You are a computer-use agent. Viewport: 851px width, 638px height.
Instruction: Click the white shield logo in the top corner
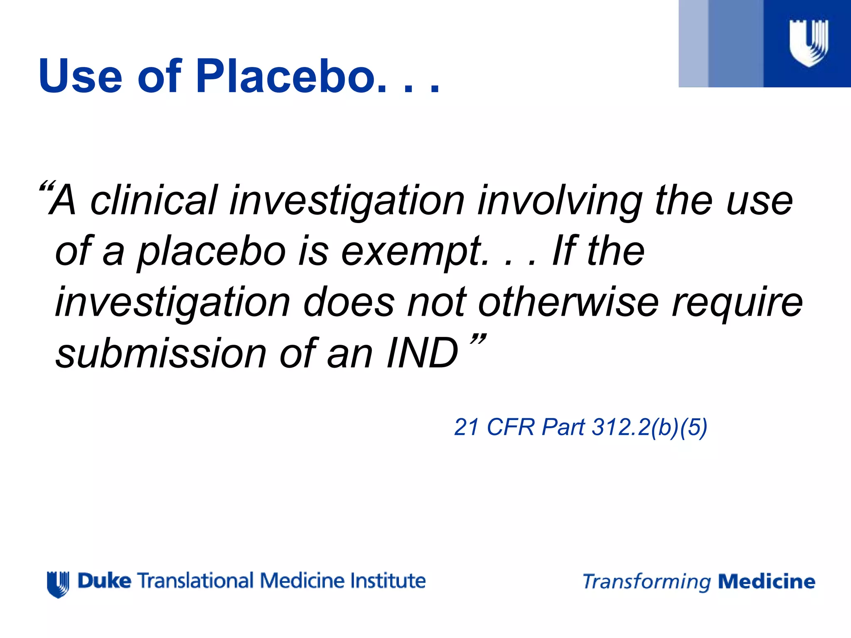[809, 43]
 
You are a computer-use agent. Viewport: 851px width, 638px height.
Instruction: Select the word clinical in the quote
[154, 200]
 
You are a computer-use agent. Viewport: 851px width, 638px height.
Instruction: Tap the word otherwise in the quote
[568, 302]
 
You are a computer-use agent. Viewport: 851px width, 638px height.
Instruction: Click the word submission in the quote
[161, 353]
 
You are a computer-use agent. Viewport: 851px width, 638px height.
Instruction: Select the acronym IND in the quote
[422, 353]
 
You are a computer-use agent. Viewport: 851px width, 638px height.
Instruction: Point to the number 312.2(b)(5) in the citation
[649, 427]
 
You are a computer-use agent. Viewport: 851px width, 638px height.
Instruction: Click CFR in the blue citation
[510, 427]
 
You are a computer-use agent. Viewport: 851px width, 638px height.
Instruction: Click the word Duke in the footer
[104, 581]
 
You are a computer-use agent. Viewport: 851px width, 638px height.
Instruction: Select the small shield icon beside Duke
[58, 584]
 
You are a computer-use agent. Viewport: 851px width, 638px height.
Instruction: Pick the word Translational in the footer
[195, 581]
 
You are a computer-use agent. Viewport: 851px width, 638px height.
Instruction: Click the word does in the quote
[348, 302]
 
